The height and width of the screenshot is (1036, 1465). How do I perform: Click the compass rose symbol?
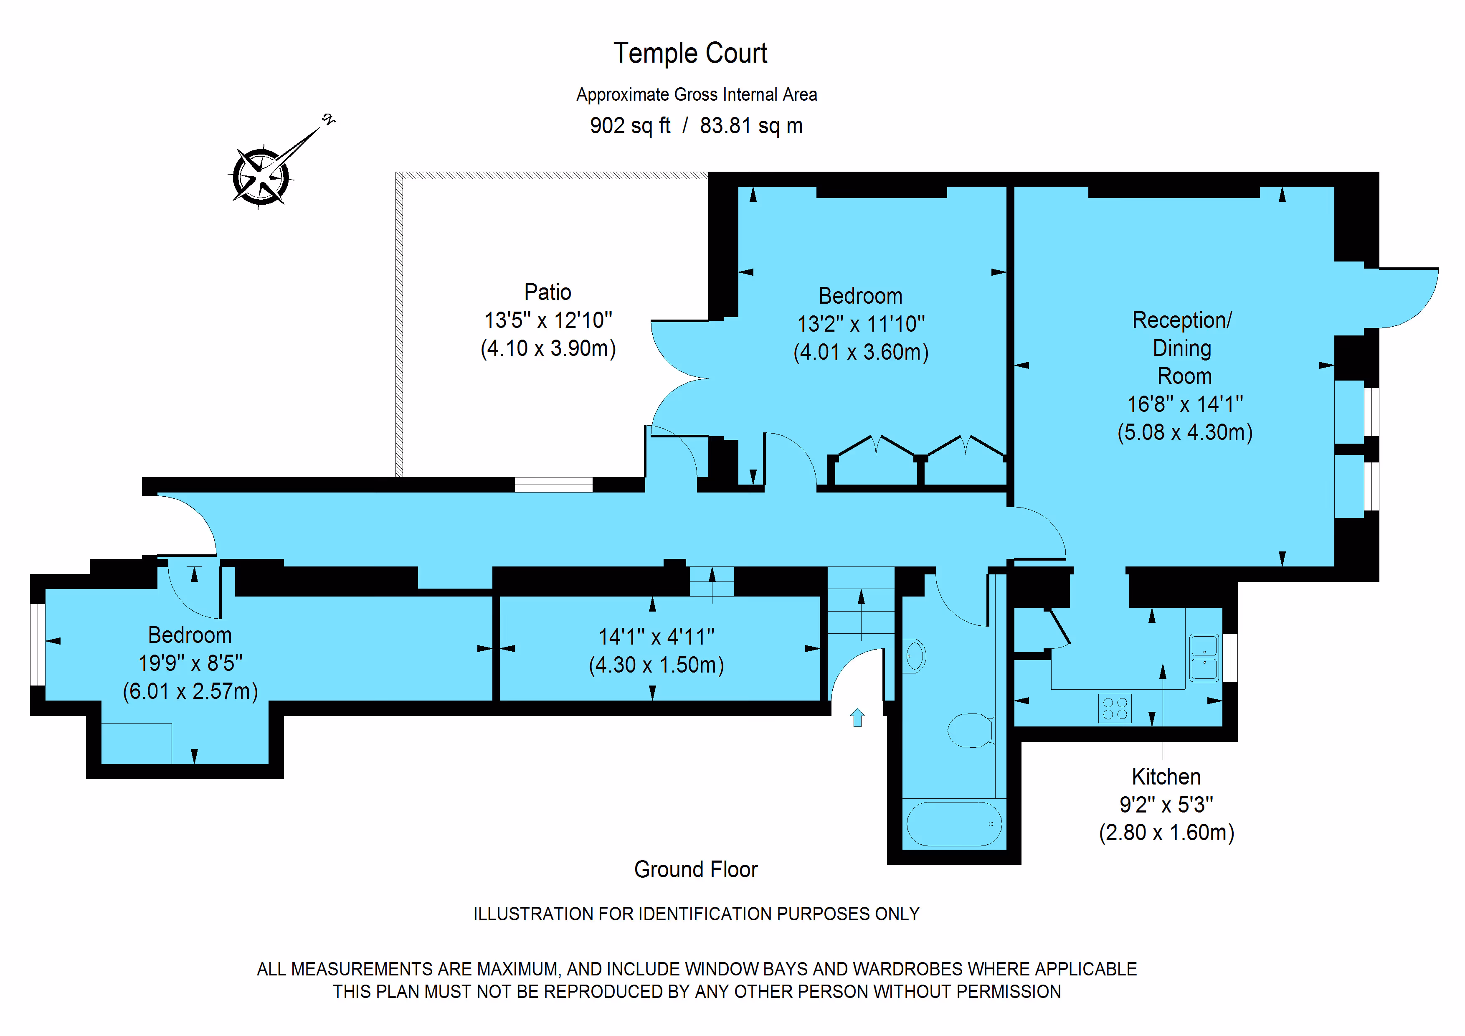(x=260, y=177)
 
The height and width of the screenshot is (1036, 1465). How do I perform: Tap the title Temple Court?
(x=690, y=53)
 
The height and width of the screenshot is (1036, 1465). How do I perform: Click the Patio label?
(x=547, y=292)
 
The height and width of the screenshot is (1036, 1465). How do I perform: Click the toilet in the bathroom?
(x=970, y=730)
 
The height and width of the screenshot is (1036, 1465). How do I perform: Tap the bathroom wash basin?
(x=915, y=655)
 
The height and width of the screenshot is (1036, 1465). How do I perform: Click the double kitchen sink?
(x=1204, y=658)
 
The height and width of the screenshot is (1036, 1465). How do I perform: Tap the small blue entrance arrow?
(x=857, y=718)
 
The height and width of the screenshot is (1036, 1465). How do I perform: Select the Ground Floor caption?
(x=695, y=869)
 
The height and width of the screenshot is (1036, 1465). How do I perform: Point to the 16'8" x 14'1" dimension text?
(x=1185, y=404)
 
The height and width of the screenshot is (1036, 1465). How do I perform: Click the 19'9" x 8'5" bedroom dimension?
(x=190, y=663)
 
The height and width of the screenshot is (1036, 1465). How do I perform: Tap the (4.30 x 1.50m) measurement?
(x=656, y=665)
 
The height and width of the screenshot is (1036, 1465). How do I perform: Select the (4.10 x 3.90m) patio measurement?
(x=548, y=348)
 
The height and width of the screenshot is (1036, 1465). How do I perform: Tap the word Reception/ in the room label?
(x=1182, y=320)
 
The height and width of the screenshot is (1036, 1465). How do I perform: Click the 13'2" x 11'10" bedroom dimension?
(x=861, y=324)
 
